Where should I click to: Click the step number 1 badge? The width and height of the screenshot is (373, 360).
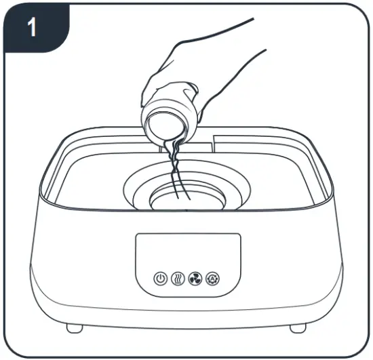(31, 28)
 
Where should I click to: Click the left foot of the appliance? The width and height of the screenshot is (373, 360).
(75, 328)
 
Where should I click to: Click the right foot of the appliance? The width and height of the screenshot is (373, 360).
(298, 328)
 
